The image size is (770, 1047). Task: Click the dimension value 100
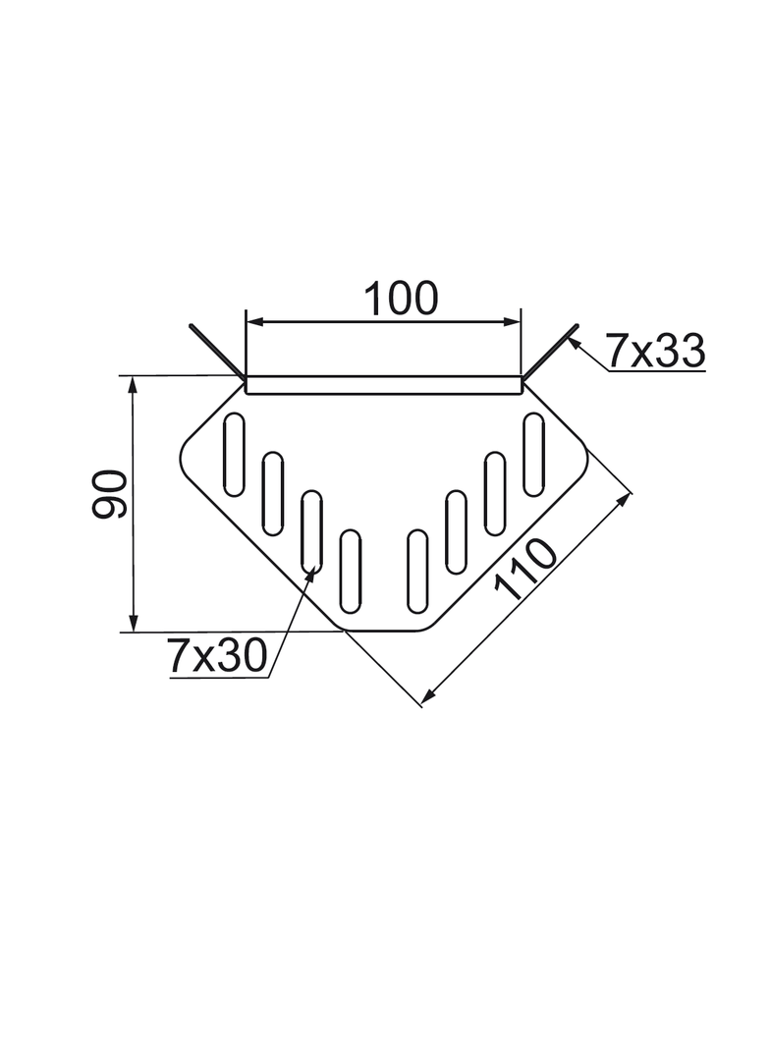point(401,298)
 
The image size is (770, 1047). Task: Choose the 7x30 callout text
point(217,656)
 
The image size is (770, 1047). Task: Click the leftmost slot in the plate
point(235,454)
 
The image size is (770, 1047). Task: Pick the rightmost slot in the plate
point(534,454)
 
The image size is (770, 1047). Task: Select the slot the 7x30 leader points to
point(312,530)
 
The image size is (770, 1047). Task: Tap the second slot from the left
point(273,494)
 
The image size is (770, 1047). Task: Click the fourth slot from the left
point(350,570)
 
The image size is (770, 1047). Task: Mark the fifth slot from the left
point(418,570)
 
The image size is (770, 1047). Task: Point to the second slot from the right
point(495,494)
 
